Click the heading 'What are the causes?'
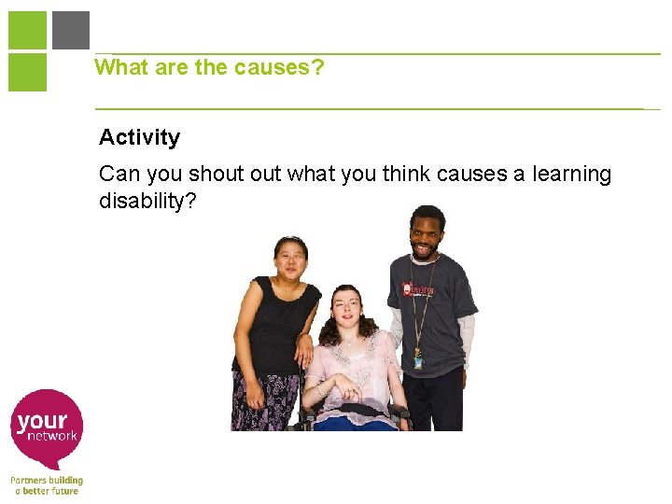(209, 67)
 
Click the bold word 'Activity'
(139, 137)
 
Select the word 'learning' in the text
(568, 175)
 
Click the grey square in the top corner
(71, 30)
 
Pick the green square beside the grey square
(27, 30)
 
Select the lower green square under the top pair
(27, 72)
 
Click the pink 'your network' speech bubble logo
(48, 427)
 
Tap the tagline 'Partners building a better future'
(47, 485)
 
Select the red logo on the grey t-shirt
(414, 289)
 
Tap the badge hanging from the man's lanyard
(419, 357)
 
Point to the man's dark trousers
(434, 401)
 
